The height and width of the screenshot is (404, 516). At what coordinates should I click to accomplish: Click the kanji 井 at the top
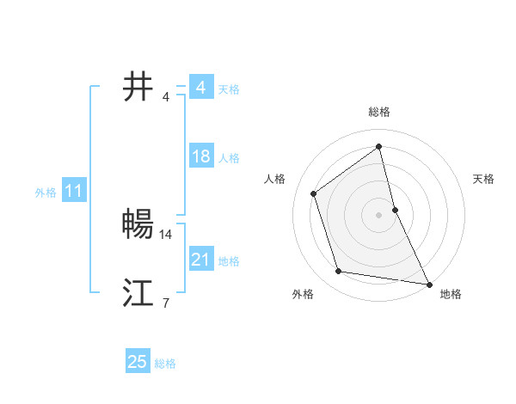click(x=138, y=87)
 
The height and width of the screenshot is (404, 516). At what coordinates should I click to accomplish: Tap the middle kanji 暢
click(x=138, y=224)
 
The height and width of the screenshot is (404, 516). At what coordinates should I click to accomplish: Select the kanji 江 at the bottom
click(x=138, y=293)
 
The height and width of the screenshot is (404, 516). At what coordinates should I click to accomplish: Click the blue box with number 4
click(x=200, y=88)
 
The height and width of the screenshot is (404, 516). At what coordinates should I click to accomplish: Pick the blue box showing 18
click(x=200, y=156)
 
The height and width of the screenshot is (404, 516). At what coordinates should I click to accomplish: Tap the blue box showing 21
click(x=200, y=260)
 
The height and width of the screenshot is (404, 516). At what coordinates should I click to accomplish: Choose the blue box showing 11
click(x=74, y=191)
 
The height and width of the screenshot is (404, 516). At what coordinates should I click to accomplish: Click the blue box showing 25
click(x=138, y=362)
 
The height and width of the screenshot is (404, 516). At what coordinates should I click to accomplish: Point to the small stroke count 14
click(x=166, y=234)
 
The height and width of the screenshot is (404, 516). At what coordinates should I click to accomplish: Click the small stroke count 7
click(x=165, y=303)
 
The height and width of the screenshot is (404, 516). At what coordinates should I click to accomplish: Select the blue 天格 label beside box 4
click(x=229, y=89)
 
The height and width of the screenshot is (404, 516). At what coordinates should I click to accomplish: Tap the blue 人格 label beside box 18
click(x=229, y=158)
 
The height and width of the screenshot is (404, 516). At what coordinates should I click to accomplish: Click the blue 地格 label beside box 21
click(x=229, y=261)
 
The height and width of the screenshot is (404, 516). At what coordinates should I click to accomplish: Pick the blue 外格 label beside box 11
click(x=46, y=193)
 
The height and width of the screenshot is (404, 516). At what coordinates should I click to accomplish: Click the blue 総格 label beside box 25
click(x=165, y=364)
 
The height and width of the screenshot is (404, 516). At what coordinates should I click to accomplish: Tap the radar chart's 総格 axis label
click(x=378, y=112)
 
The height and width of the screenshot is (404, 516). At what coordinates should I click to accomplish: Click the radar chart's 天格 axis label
click(x=483, y=179)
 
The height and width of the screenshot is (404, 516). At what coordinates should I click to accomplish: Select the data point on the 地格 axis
click(x=428, y=284)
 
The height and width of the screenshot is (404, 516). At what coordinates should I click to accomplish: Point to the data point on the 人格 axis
click(x=314, y=193)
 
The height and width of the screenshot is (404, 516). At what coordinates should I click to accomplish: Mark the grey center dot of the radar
click(x=378, y=214)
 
